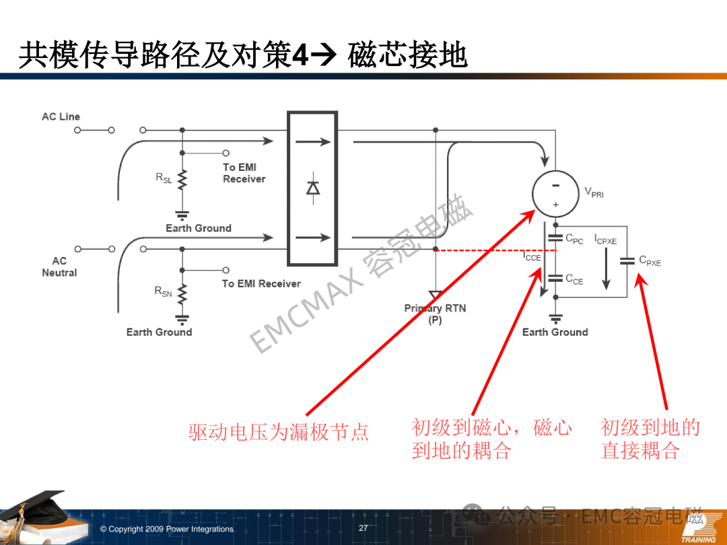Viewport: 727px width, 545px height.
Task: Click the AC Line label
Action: point(61,117)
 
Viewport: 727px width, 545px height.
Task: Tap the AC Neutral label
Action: point(59,267)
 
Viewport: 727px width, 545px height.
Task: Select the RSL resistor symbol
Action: point(182,180)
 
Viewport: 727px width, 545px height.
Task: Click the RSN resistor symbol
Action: point(182,294)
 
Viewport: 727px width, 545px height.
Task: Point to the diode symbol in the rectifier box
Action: point(313,188)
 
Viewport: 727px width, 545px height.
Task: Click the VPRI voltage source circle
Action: point(555,194)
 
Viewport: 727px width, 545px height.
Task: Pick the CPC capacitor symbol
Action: point(555,238)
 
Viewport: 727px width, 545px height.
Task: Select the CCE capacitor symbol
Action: point(555,278)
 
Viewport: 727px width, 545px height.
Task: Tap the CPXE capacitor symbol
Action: point(627,261)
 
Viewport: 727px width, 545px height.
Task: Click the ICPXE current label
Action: point(606,240)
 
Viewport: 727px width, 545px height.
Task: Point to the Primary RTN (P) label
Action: point(435,314)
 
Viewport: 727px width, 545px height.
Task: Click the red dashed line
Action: point(495,250)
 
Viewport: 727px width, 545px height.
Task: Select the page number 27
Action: point(363,528)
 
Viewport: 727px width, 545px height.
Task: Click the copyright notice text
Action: point(167,529)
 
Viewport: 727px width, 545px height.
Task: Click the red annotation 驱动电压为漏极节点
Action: point(279,432)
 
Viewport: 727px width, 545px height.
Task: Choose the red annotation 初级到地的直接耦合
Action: point(650,439)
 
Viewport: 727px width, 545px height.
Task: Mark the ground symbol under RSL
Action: point(182,215)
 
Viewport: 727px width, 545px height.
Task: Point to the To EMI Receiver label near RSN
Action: point(261,284)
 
